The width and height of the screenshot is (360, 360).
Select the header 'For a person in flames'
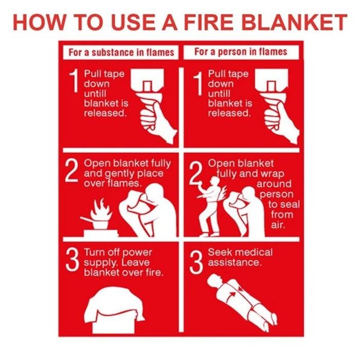(241, 52)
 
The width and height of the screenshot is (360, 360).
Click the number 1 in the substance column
(75, 83)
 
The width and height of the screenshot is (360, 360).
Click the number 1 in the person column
(197, 83)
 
